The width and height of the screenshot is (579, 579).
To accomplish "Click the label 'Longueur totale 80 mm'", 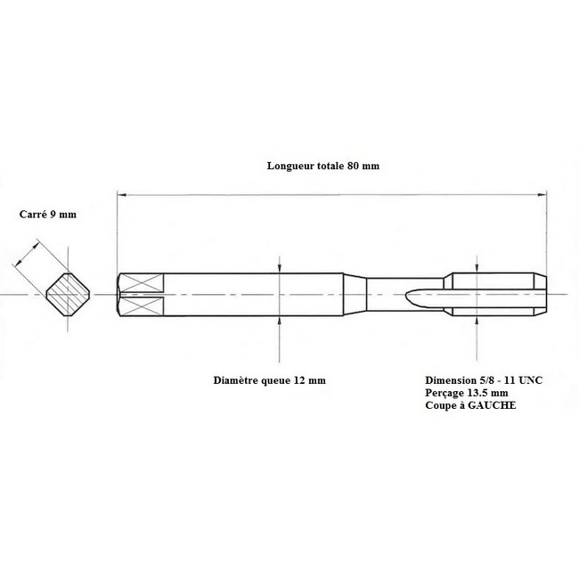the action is (323, 166).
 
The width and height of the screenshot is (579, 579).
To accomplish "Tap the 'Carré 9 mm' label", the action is (48, 214).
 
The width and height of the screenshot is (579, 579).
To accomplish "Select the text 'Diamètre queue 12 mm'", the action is (270, 380).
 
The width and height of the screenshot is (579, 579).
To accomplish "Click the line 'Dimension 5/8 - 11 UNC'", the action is (484, 380).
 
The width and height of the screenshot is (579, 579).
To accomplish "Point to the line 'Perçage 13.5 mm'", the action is (467, 393).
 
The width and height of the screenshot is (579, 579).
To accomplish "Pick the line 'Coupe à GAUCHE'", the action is (470, 405).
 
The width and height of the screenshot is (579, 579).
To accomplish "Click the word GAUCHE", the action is (492, 405).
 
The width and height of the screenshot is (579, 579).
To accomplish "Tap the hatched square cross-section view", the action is (68, 294).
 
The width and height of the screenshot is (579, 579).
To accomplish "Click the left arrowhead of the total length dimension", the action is (122, 194).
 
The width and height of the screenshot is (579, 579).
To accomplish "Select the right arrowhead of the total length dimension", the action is (542, 194).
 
